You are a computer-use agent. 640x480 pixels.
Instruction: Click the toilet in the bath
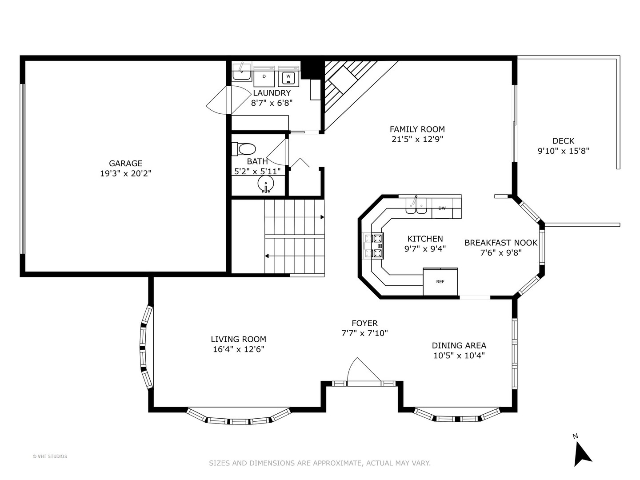[244, 148]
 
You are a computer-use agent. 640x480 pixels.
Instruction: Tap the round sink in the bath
[266, 184]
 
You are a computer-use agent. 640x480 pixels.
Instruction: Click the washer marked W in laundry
[288, 77]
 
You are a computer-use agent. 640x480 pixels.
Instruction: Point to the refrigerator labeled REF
[440, 281]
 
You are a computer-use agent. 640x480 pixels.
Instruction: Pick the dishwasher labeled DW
[442, 208]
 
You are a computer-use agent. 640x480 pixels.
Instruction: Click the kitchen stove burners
[377, 245]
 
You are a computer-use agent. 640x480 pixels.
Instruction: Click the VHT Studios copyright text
[50, 456]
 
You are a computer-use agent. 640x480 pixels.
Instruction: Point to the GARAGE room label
[126, 163]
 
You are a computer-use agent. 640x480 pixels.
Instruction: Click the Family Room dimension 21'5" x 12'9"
[417, 139]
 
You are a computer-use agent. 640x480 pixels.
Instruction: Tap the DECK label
[563, 141]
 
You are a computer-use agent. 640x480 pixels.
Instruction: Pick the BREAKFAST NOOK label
[501, 243]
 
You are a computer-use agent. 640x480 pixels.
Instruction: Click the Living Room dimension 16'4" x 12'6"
[238, 349]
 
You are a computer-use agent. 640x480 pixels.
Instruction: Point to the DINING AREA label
[459, 345]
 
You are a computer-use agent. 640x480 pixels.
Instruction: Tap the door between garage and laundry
[222, 100]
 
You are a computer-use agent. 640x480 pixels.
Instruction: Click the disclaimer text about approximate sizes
[320, 463]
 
